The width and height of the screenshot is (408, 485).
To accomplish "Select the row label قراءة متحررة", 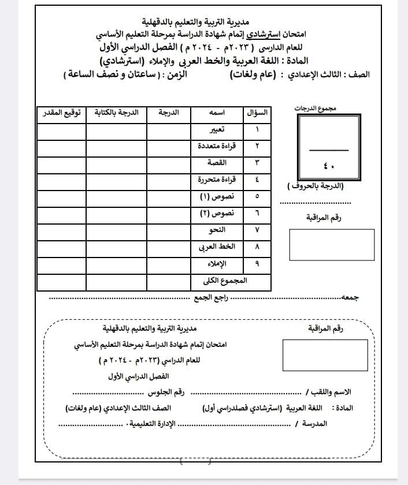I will coord(221,180).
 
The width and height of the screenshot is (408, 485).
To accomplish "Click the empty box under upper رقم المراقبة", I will coord(331,244).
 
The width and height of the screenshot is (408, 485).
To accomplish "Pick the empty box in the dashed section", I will coord(325,355).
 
